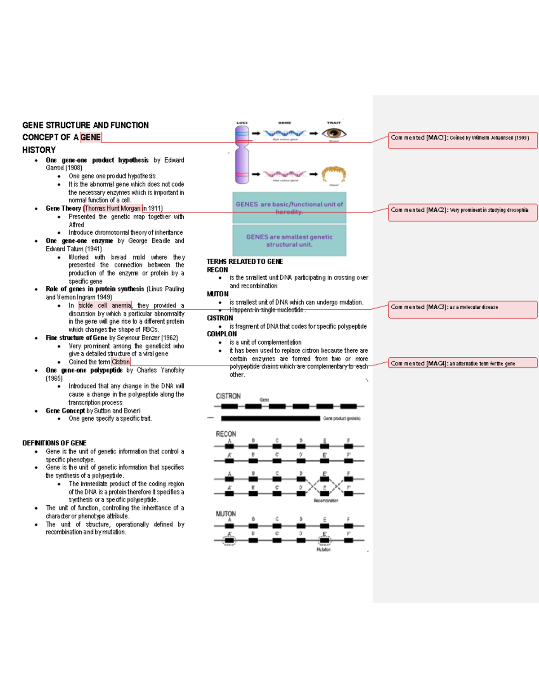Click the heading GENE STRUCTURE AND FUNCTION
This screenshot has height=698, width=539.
tap(85, 125)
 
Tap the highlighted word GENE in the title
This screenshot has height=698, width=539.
tap(91, 137)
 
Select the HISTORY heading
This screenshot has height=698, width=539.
tap(39, 150)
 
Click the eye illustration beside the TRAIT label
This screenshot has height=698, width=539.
tap(334, 133)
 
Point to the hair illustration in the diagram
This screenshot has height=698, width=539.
tap(334, 174)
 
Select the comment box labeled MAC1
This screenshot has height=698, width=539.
tap(462, 141)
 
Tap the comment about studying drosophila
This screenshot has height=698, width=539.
tap(462, 213)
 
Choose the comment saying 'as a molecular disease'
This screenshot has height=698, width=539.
tap(462, 309)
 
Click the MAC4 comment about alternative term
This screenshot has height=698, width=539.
tap(462, 363)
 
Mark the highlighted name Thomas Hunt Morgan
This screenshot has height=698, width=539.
tap(113, 208)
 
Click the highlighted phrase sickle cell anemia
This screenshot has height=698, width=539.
tap(105, 305)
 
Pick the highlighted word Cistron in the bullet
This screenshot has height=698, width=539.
tap(121, 362)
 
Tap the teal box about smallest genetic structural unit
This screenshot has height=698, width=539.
tap(289, 240)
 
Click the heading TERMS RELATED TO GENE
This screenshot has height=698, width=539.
tap(245, 262)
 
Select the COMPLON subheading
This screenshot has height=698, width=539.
tap(222, 334)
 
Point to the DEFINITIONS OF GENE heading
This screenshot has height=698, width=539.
tap(54, 443)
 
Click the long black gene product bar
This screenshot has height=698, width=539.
tap(270, 418)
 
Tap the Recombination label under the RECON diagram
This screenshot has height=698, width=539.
tap(326, 500)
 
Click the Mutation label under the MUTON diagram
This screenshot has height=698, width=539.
tap(323, 549)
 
